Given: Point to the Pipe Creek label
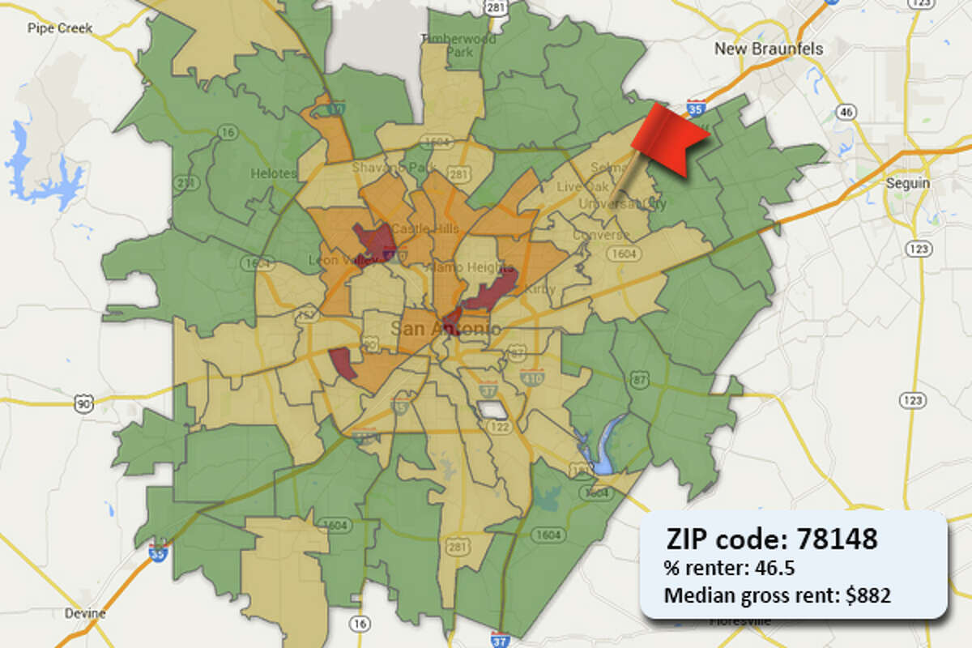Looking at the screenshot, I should pos(60,28).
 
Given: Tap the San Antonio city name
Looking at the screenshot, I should pos(446,329).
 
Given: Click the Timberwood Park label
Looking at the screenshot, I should pos(446,45).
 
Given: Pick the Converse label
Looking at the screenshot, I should pos(600,235).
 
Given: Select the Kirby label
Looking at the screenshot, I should pos(536,289).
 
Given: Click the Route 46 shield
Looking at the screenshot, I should pos(847,112).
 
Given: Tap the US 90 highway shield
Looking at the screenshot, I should pos(83,401).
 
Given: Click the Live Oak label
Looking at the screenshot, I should pos(576,186).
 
